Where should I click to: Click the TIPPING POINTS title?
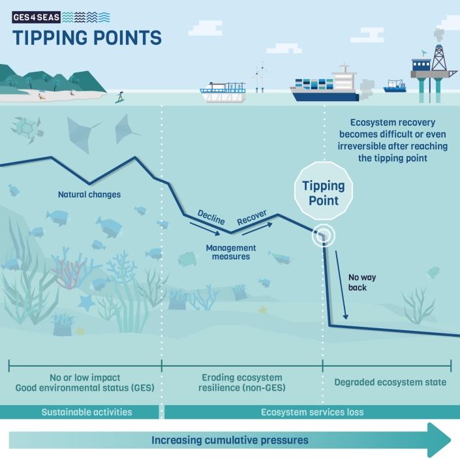point(87,38)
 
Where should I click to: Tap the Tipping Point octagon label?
point(324,193)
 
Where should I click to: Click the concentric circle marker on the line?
point(322,236)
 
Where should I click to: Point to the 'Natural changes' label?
point(89,194)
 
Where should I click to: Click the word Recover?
point(252,218)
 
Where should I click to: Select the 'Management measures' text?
point(230,252)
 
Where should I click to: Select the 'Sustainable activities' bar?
point(87,412)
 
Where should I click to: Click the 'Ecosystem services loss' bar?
point(312,412)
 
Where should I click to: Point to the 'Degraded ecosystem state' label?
point(390,382)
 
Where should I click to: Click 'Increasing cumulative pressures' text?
point(230,440)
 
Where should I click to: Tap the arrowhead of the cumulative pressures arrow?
point(438,440)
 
